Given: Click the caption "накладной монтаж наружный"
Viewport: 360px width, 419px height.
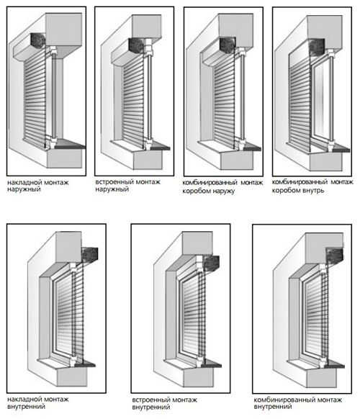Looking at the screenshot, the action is tap(37, 186).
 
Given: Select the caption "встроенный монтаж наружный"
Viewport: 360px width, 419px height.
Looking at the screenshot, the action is tap(127, 186).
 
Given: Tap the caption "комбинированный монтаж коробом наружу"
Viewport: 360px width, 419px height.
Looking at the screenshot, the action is tap(222, 186).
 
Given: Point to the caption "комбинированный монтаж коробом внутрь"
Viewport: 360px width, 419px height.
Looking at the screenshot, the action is tap(312, 186).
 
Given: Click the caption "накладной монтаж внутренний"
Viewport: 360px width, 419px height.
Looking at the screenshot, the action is tap(37, 403).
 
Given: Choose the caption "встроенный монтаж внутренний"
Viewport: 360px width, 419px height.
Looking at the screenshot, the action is tap(165, 403).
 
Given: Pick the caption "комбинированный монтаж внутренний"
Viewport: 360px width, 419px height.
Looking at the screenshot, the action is tap(298, 403).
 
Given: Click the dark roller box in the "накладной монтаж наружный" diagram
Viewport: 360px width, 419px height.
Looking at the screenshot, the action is tap(37, 40).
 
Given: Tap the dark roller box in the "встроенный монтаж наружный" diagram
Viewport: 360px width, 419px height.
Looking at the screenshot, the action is tap(137, 45).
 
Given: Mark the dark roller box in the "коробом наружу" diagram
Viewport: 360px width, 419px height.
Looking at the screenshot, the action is tap(228, 45).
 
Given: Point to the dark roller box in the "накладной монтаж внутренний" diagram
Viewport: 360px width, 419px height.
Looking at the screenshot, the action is tap(90, 255).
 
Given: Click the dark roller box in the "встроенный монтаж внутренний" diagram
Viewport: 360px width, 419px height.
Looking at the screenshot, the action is tap(212, 263).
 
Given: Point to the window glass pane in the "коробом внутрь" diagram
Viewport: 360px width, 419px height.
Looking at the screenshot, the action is tap(323, 103).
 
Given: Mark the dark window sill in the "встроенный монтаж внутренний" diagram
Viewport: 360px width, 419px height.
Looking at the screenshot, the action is tap(212, 363).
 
